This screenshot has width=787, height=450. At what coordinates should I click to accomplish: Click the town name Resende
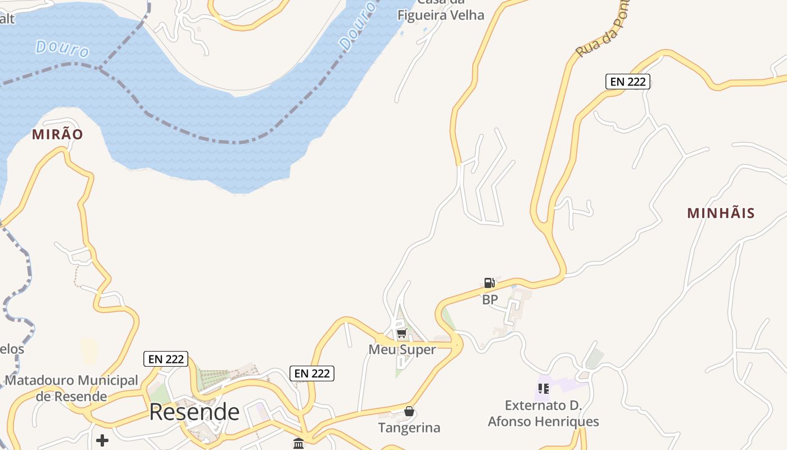194,412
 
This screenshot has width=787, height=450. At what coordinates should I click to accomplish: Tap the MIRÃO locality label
57,134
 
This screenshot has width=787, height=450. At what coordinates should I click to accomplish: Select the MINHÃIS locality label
721,213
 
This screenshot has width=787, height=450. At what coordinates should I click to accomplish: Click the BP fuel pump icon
490,283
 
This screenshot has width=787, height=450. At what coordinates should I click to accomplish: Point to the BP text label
490,300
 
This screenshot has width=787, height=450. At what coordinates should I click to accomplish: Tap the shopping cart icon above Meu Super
401,333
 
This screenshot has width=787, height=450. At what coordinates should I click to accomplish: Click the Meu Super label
402,350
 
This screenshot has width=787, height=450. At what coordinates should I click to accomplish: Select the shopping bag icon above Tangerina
409,411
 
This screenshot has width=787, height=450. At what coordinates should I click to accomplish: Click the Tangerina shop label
409,427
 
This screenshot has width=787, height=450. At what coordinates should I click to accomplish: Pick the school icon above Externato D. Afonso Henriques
543,388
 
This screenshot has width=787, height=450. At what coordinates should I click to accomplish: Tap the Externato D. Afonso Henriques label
543,413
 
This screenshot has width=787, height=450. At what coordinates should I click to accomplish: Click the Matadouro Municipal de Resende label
71,388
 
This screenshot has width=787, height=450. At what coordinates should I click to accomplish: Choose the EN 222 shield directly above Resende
166,359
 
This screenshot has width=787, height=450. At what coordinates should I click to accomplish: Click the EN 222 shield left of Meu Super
312,373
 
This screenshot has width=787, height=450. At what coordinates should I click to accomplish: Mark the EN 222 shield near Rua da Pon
627,82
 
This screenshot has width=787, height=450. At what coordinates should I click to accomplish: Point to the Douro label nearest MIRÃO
62,48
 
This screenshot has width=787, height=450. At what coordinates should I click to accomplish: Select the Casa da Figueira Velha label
441,11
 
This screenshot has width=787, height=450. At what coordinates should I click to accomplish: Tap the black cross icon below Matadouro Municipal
102,440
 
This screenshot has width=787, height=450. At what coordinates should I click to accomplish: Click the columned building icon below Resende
298,443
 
